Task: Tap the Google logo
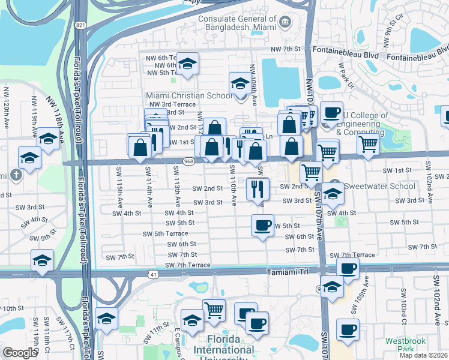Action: click(x=20, y=353)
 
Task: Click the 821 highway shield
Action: click(x=80, y=26)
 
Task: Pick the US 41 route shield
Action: click(x=154, y=275)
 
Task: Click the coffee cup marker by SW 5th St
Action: click(x=262, y=226)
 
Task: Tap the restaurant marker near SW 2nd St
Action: click(x=258, y=190)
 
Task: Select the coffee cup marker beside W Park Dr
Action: click(x=331, y=112)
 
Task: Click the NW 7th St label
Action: click(x=285, y=48)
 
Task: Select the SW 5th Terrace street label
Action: click(x=165, y=233)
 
